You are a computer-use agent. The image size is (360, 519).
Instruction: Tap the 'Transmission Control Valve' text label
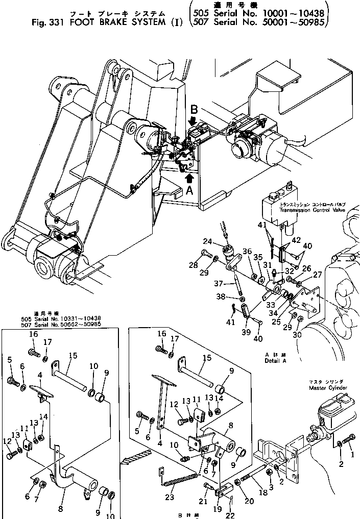click(312, 210)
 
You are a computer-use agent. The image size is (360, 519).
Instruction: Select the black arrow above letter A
click(190, 178)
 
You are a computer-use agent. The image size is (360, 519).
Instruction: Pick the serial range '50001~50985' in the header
click(298, 22)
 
